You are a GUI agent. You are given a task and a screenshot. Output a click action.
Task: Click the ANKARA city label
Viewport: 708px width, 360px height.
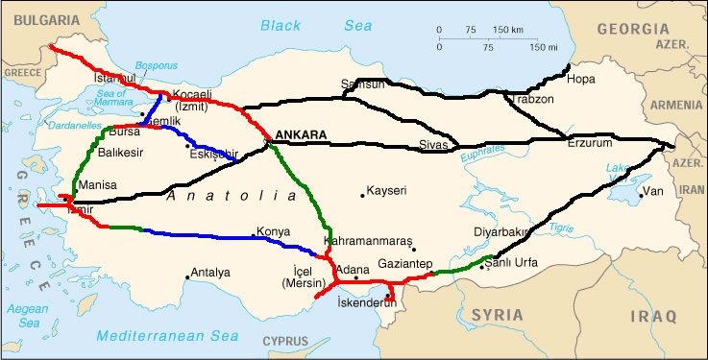pyautogui.click(x=301, y=134)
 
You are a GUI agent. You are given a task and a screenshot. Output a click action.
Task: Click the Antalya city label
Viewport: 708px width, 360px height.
pyautogui.click(x=210, y=273)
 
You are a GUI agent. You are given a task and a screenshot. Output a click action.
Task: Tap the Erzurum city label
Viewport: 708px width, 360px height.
pyautogui.click(x=589, y=143)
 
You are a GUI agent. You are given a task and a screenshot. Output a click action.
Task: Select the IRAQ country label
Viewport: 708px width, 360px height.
pyautogui.click(x=654, y=315)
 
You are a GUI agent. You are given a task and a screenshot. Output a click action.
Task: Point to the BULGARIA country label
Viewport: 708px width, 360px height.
pyautogui.click(x=39, y=18)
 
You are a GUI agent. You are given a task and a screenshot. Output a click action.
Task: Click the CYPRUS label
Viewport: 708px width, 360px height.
pyautogui.click(x=286, y=341)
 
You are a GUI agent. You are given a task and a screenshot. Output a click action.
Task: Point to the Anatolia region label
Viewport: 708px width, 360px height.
pyautogui.click(x=231, y=196)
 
